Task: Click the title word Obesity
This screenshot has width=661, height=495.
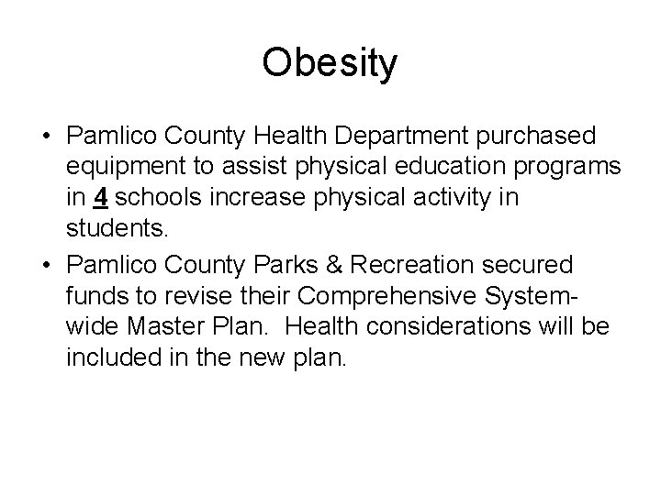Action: pos(330,64)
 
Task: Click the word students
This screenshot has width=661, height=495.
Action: pos(117,227)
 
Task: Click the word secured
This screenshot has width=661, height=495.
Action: pos(528,266)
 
